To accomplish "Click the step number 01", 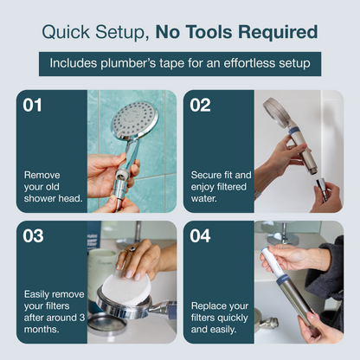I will pyautogui.click(x=32, y=106).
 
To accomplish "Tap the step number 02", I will pyautogui.click(x=202, y=106).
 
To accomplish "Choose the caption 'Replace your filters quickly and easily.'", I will pyautogui.click(x=222, y=318).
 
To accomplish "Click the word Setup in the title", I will pyautogui.click(x=119, y=33).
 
